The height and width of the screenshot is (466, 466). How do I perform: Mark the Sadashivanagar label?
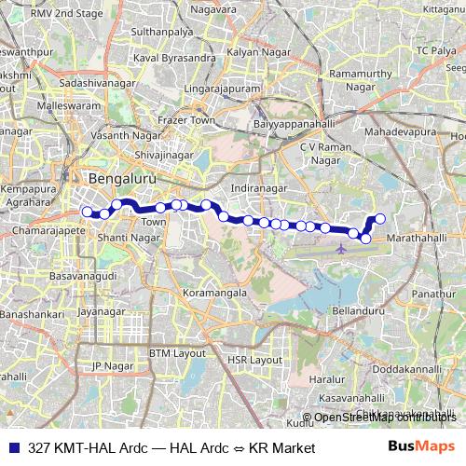tap(74, 83)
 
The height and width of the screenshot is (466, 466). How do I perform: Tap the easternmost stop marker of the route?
tap(379, 220)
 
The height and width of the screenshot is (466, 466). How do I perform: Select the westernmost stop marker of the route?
tap(87, 212)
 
